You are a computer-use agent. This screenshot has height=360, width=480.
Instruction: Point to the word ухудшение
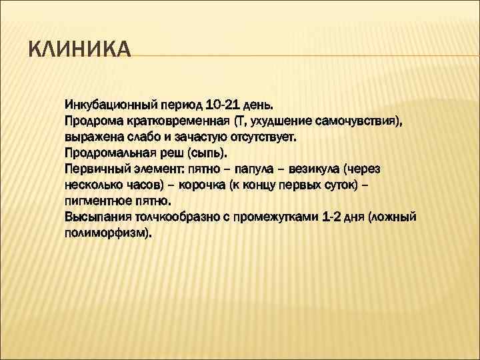click(x=275, y=121)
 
